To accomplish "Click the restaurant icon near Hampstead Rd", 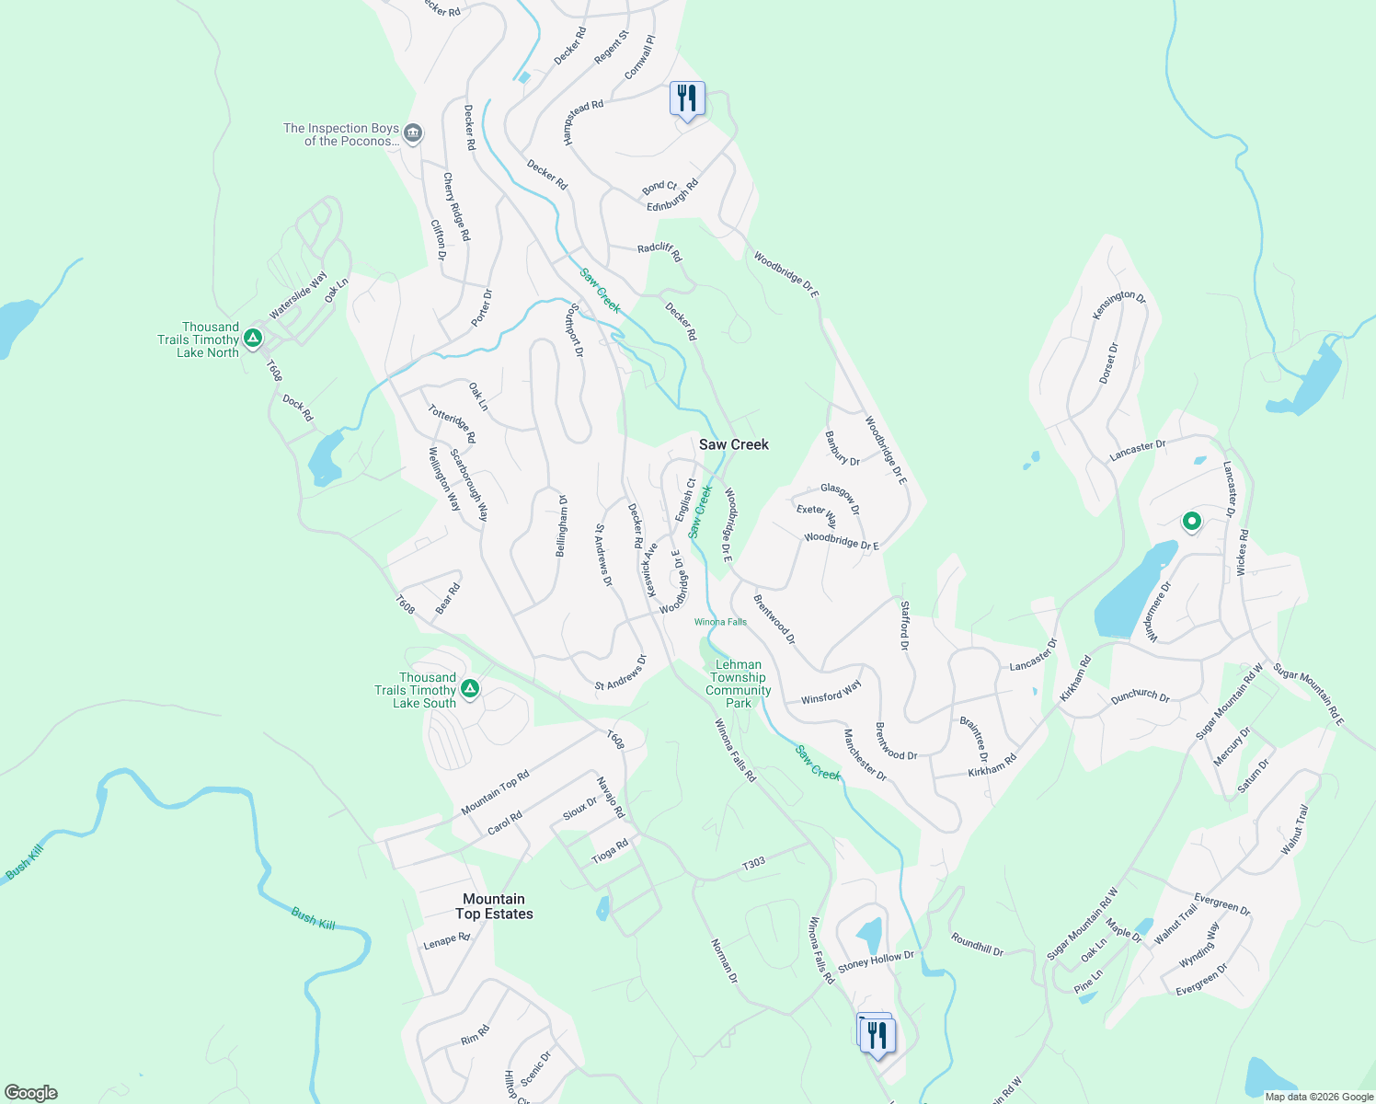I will tap(687, 98).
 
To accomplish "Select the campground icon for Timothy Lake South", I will tap(469, 689).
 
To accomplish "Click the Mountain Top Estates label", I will tap(494, 906).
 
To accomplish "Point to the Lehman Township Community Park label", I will tap(738, 684).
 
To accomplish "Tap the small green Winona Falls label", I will tap(720, 622).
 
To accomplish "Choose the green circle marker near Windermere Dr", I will tap(1191, 522).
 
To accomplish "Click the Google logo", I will tap(30, 1093).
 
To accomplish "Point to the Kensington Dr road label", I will tap(1118, 305).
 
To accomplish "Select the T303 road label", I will tap(753, 863).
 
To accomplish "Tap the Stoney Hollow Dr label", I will tap(876, 961).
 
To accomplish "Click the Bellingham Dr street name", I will tap(561, 526).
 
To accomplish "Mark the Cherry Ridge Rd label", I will tap(456, 207).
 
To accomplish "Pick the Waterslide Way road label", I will tap(297, 295).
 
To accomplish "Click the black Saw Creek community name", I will tap(733, 444).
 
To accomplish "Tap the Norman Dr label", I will tap(724, 960).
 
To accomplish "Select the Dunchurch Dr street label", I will tap(1140, 696).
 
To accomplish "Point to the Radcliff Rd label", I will tap(659, 252).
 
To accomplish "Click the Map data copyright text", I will tap(1318, 1097).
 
